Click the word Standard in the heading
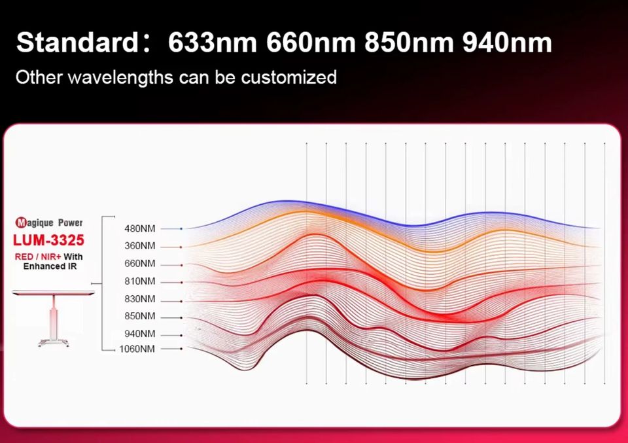point(77,43)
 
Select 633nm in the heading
point(212,43)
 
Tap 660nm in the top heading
point(311,43)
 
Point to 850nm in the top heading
point(409,43)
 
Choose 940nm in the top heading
point(508,43)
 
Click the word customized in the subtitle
point(288,77)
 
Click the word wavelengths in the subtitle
point(120,77)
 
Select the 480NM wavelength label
point(139,229)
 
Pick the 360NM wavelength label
point(139,246)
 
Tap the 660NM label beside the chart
point(139,264)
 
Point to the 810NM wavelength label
point(139,281)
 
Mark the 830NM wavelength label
point(139,299)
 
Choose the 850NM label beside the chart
point(139,316)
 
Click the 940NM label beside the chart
point(139,334)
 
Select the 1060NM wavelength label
point(137,349)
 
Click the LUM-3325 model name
point(49,240)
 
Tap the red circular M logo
point(21,222)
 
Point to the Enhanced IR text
point(50,266)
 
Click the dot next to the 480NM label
point(181,229)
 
